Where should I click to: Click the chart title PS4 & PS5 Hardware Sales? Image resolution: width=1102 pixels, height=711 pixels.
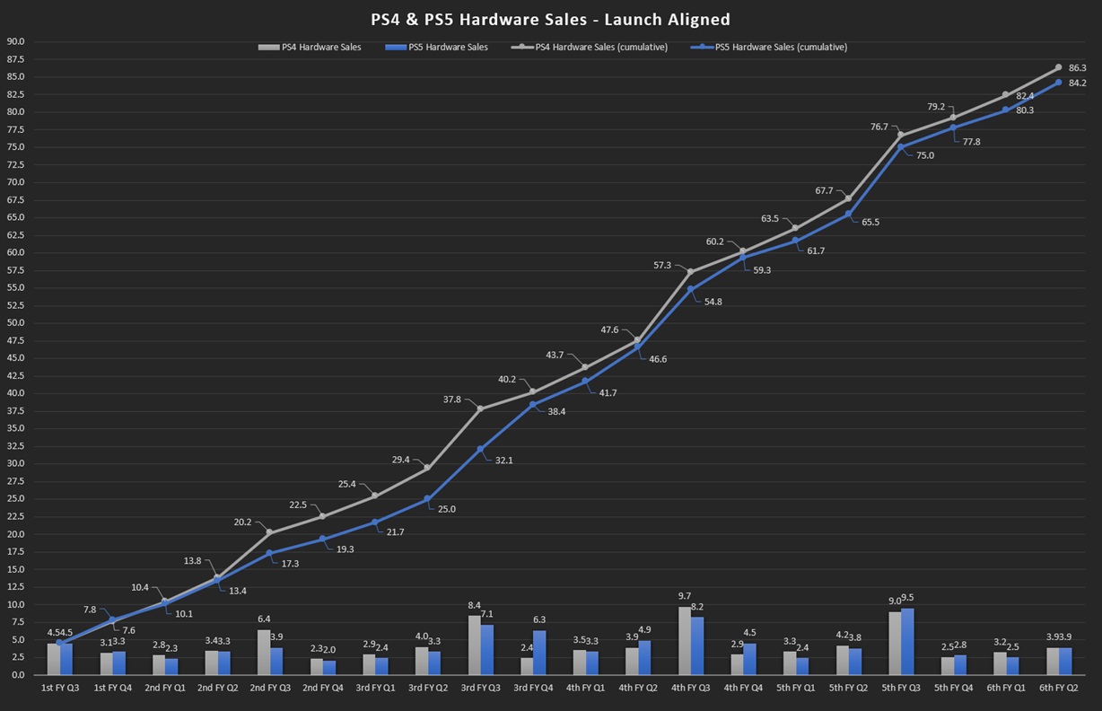coord(550,19)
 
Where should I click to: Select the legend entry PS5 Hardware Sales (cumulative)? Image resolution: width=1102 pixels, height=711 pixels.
coord(780,47)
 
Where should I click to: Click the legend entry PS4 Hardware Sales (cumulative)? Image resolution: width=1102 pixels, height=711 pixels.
coord(600,47)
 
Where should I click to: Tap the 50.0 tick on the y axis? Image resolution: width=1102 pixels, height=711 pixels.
coord(15,323)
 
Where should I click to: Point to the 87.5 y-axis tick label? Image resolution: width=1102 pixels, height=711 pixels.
coord(15,59)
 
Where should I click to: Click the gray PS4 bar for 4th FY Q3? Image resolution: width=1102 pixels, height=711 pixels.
coord(684,641)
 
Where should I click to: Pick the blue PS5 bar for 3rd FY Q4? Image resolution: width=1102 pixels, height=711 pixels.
coord(539,653)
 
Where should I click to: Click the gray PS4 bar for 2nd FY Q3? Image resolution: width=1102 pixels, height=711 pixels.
coord(263,653)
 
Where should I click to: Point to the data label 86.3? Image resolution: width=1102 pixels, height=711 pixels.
coord(1077,67)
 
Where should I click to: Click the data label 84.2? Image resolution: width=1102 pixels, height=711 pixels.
coord(1077,83)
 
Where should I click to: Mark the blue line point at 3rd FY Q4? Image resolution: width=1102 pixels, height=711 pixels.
coord(533,405)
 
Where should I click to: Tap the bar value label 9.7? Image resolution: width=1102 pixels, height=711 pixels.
coord(684,596)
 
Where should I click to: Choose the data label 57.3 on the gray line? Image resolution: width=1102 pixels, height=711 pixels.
coord(662,265)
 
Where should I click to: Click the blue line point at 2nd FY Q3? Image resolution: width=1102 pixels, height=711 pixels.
coord(269,553)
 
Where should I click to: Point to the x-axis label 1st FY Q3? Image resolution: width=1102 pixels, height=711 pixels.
coord(60,688)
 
